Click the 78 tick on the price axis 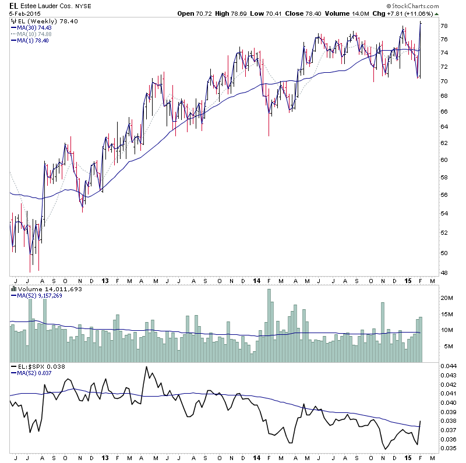coord(443,26)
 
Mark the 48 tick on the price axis coord(443,273)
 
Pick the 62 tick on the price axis coord(443,143)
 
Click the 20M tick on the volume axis coord(446,298)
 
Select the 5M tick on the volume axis coord(444,347)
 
